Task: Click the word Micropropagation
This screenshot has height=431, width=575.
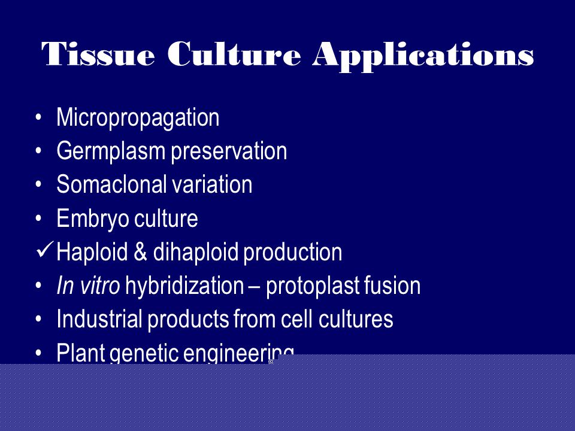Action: [138, 118]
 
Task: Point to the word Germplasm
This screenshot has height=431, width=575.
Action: [111, 151]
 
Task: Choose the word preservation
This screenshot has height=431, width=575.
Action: [229, 151]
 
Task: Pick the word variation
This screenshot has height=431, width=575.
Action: [212, 184]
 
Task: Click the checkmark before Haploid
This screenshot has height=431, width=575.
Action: [45, 250]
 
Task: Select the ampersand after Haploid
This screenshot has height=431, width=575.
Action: [140, 252]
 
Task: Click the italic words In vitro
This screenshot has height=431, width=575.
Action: [88, 286]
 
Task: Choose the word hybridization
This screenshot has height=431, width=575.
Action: [184, 286]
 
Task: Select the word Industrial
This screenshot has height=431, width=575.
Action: [99, 319]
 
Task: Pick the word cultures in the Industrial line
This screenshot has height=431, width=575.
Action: [356, 319]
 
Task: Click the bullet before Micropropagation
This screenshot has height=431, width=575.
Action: [38, 118]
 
